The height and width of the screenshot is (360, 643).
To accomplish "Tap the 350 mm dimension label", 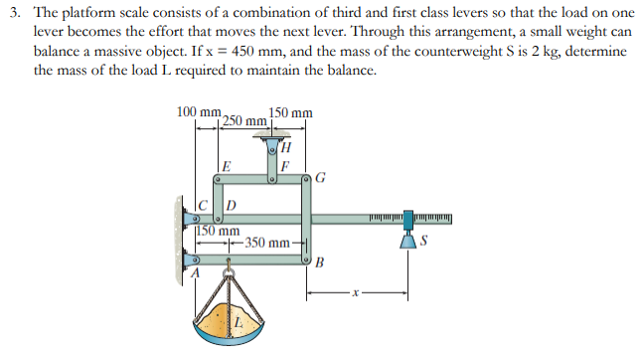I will click(x=267, y=243).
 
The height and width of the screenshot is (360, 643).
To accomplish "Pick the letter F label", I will click(x=284, y=167).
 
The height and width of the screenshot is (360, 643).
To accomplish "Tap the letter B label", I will click(x=319, y=263).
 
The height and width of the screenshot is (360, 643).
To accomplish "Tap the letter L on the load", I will click(x=240, y=323).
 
